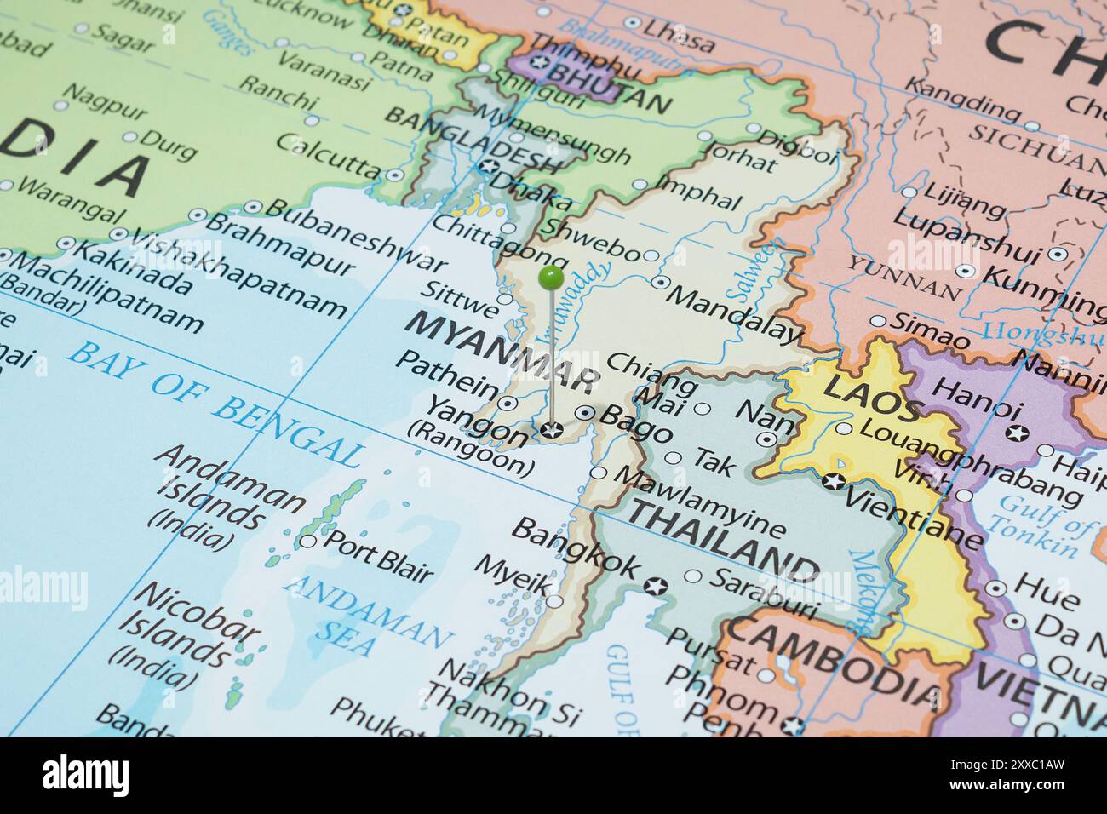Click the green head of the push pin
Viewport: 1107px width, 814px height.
click(x=552, y=277)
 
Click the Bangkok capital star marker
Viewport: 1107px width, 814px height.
click(x=655, y=586)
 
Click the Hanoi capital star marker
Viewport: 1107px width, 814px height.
click(x=1016, y=433)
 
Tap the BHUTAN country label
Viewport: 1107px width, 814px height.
click(x=609, y=89)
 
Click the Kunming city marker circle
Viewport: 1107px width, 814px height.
click(x=965, y=271)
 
